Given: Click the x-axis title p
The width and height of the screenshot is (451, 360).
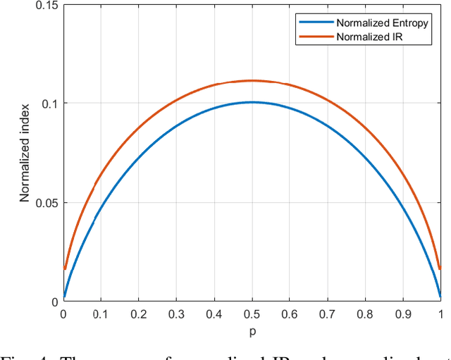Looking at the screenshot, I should pos(252,330).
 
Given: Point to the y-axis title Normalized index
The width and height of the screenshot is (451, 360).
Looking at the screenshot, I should pos(25,153).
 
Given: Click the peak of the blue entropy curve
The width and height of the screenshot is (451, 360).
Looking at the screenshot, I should pos(252,102).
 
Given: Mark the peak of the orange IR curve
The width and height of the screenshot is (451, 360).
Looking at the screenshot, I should pos(252,80).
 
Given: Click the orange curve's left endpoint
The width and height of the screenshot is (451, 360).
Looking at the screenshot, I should pos(65,268).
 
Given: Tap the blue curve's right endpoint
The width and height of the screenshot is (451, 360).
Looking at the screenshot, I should pos(440,297).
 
